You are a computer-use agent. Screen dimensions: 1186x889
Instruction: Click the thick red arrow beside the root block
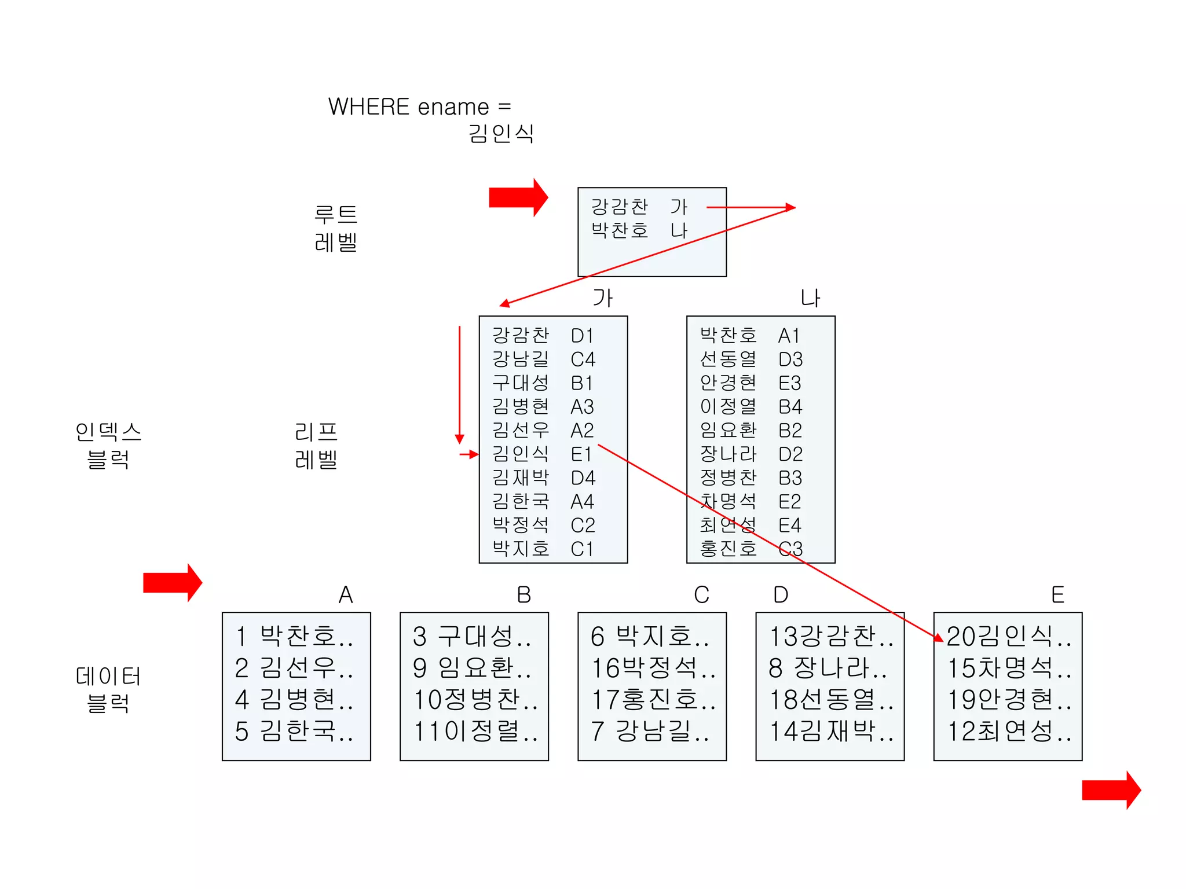tap(518, 197)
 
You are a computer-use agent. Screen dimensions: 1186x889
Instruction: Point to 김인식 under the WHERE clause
tap(501, 134)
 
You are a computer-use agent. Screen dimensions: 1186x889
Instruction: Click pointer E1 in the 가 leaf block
tap(581, 454)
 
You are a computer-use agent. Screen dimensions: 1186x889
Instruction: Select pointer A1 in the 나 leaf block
tap(789, 336)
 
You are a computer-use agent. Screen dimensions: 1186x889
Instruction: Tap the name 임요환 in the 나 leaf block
tap(728, 430)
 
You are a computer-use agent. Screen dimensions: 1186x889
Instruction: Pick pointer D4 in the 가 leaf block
tap(583, 478)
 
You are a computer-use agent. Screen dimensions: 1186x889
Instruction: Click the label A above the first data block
tap(346, 595)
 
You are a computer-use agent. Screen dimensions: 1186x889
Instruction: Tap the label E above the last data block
tap(1057, 595)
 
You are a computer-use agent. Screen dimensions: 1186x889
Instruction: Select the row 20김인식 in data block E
tap(1008, 637)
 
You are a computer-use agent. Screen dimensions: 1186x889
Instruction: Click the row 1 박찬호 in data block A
tap(295, 637)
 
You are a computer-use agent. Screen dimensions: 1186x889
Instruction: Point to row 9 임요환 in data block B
tap(473, 668)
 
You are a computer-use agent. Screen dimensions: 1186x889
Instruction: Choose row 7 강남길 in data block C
tap(650, 731)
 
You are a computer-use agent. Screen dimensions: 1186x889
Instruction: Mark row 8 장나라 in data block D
tap(828, 668)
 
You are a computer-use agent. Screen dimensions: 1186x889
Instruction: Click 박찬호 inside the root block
tap(619, 230)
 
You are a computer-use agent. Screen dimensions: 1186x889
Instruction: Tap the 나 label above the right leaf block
tap(810, 298)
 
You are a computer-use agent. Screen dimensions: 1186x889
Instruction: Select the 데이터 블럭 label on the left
tap(108, 689)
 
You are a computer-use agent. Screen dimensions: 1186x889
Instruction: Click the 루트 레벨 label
tap(336, 228)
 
